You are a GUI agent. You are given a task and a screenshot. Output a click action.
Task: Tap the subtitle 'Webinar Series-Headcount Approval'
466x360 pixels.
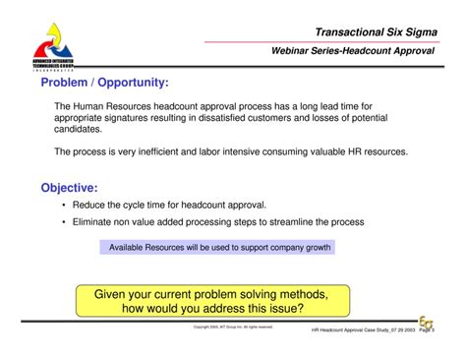(x=353, y=50)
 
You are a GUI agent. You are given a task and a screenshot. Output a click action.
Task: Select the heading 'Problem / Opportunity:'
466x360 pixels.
(x=104, y=84)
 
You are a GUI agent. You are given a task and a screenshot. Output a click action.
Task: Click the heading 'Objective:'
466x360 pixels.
(x=69, y=187)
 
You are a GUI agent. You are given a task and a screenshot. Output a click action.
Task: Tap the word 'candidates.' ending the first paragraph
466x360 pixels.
(x=79, y=130)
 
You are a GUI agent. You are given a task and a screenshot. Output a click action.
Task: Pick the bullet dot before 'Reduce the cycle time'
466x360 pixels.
(x=64, y=206)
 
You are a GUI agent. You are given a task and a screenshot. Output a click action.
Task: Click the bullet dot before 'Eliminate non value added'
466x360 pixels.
(x=64, y=222)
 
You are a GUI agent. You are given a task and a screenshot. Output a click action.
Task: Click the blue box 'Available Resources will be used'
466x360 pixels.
(x=218, y=247)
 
